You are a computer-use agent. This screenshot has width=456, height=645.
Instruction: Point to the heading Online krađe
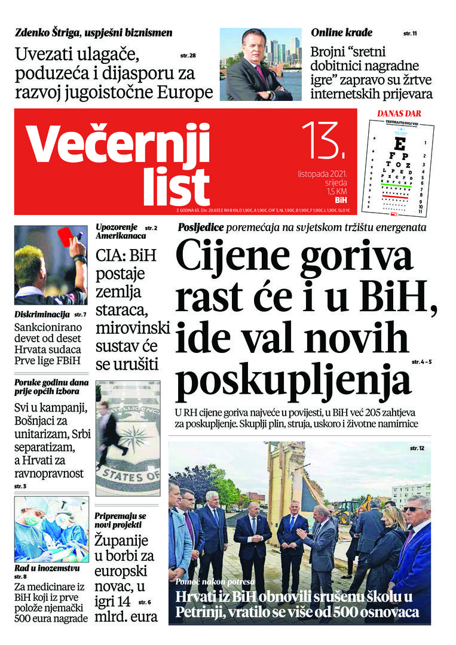click(x=341, y=33)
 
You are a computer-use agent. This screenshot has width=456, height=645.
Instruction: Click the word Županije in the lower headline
click(x=122, y=542)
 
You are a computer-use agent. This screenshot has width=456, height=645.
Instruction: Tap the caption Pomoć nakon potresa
click(x=215, y=581)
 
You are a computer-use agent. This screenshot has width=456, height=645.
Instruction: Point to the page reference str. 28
click(x=188, y=56)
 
